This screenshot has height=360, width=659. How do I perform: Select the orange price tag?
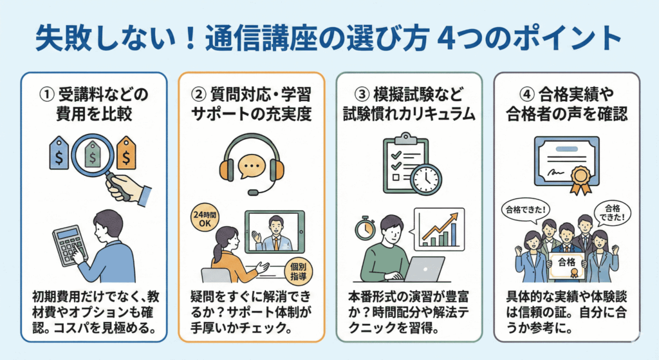click(126, 153)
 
